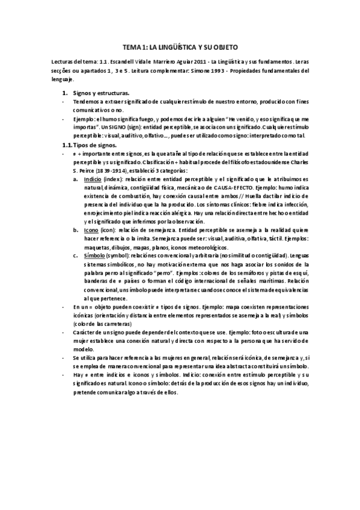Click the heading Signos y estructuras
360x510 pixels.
[x=100, y=94]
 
